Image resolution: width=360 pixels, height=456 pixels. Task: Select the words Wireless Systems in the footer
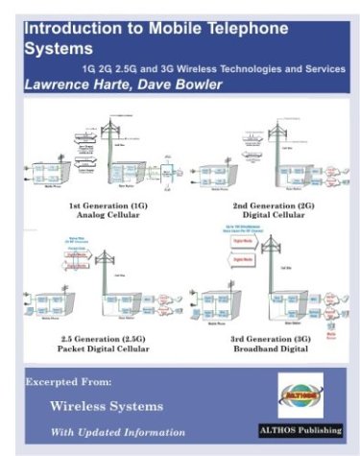tap(103, 407)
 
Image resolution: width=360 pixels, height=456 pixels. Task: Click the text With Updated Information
tap(118, 430)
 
